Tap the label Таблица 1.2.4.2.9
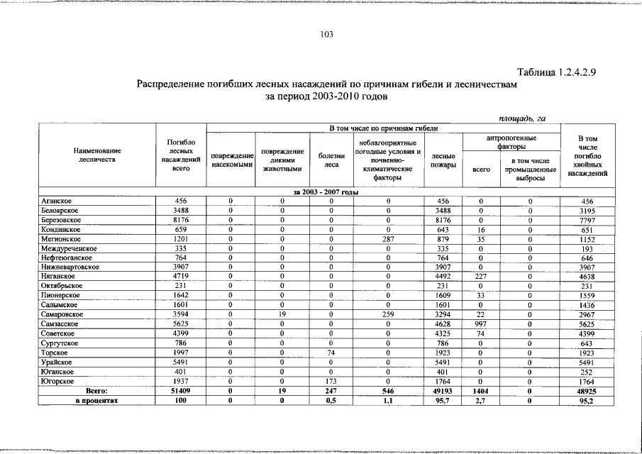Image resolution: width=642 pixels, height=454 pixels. [560, 72]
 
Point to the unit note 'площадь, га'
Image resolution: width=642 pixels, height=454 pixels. [522, 118]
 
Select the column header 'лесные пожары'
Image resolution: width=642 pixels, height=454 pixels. [443, 160]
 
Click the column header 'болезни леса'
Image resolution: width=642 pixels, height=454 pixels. [331, 160]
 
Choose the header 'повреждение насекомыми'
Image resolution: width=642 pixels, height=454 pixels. [233, 160]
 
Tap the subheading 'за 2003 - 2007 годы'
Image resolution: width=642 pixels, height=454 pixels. [325, 192]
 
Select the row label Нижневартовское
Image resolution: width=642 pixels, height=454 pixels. [70, 267]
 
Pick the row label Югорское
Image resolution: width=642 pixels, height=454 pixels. [57, 381]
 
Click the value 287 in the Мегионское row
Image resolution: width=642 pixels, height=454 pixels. [388, 239]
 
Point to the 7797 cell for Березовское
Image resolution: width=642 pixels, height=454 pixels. [587, 221]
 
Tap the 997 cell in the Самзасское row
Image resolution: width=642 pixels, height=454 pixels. [481, 323]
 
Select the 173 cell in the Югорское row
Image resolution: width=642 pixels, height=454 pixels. [331, 381]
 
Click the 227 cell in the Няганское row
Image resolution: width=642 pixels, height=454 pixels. [481, 277]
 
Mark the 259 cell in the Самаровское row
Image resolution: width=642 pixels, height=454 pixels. [388, 314]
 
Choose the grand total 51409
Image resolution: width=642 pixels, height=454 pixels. [180, 390]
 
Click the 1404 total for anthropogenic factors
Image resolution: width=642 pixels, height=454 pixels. [481, 390]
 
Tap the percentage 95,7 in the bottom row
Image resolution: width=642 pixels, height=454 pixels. [443, 400]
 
